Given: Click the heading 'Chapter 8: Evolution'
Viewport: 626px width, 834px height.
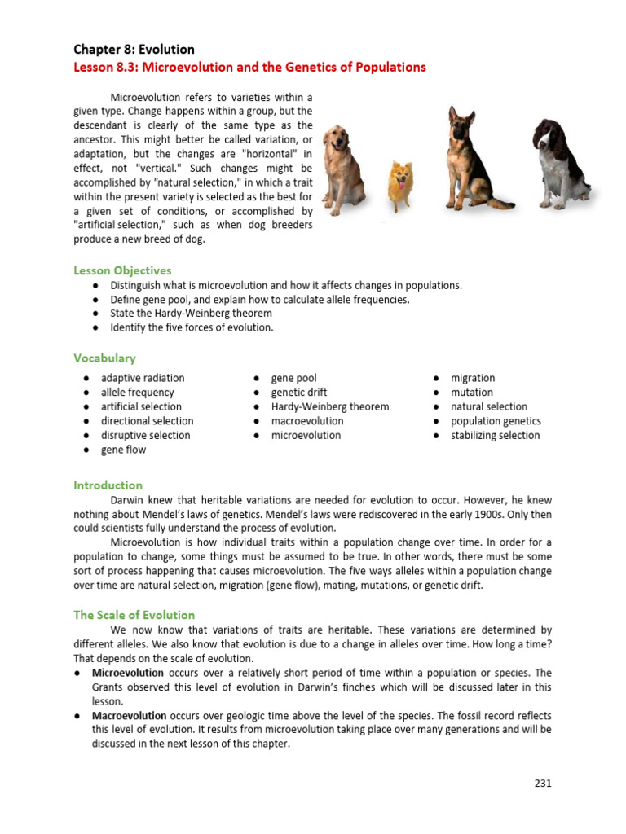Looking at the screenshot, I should pos(134,50).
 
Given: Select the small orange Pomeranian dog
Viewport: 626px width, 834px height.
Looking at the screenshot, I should pos(400,186).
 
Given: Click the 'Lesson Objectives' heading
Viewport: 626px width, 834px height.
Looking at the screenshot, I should pos(122,270).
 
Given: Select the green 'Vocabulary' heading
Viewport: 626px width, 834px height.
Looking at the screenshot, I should pos(104,358).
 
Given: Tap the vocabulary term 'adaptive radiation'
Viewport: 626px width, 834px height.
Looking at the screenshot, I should pos(143,378).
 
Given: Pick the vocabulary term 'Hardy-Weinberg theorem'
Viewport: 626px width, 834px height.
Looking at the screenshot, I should pos(329,406).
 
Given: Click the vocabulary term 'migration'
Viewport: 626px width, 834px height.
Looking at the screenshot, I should pos(473,378).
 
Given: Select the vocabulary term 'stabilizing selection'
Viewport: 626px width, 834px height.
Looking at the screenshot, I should pos(495,435).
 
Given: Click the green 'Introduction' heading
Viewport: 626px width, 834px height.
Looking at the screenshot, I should pos(108,485).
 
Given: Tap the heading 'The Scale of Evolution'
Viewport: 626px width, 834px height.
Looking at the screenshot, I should pos(134,615).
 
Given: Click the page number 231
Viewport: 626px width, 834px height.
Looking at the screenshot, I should pos(543,784).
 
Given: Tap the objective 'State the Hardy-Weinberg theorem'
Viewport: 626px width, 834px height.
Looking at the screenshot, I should pos(191,314).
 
